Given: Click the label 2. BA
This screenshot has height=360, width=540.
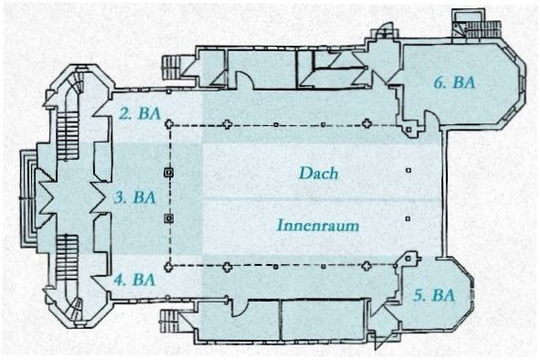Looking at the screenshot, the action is pyautogui.click(x=140, y=113).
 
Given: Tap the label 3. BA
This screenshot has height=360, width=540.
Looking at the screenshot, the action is pyautogui.click(x=135, y=198).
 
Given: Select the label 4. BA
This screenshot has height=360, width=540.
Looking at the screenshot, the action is pyautogui.click(x=135, y=280).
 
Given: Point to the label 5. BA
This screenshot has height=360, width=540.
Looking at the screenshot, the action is pyautogui.click(x=434, y=295).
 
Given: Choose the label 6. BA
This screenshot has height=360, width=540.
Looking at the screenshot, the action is pyautogui.click(x=454, y=82).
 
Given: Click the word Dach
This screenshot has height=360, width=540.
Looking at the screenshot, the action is pyautogui.click(x=318, y=173).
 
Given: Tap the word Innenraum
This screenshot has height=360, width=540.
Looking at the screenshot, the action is pyautogui.click(x=318, y=226).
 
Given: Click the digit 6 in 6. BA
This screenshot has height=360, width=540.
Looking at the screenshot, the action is pyautogui.click(x=438, y=82).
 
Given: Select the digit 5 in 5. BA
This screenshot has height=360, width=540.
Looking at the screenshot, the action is pyautogui.click(x=418, y=295).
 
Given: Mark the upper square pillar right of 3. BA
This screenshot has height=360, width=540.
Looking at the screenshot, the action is pyautogui.click(x=169, y=172).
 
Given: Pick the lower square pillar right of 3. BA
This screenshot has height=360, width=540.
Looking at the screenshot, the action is pyautogui.click(x=169, y=218).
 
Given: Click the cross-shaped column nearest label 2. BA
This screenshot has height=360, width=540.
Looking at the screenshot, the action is pyautogui.click(x=168, y=124).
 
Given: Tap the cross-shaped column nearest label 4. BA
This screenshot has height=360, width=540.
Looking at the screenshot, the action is pyautogui.click(x=168, y=267).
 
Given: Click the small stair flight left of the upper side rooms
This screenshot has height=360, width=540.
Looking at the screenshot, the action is pyautogui.click(x=171, y=68).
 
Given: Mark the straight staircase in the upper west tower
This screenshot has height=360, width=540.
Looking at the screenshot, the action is pyautogui.click(x=66, y=137).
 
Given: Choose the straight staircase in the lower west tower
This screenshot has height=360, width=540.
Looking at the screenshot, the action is pyautogui.click(x=66, y=257).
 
